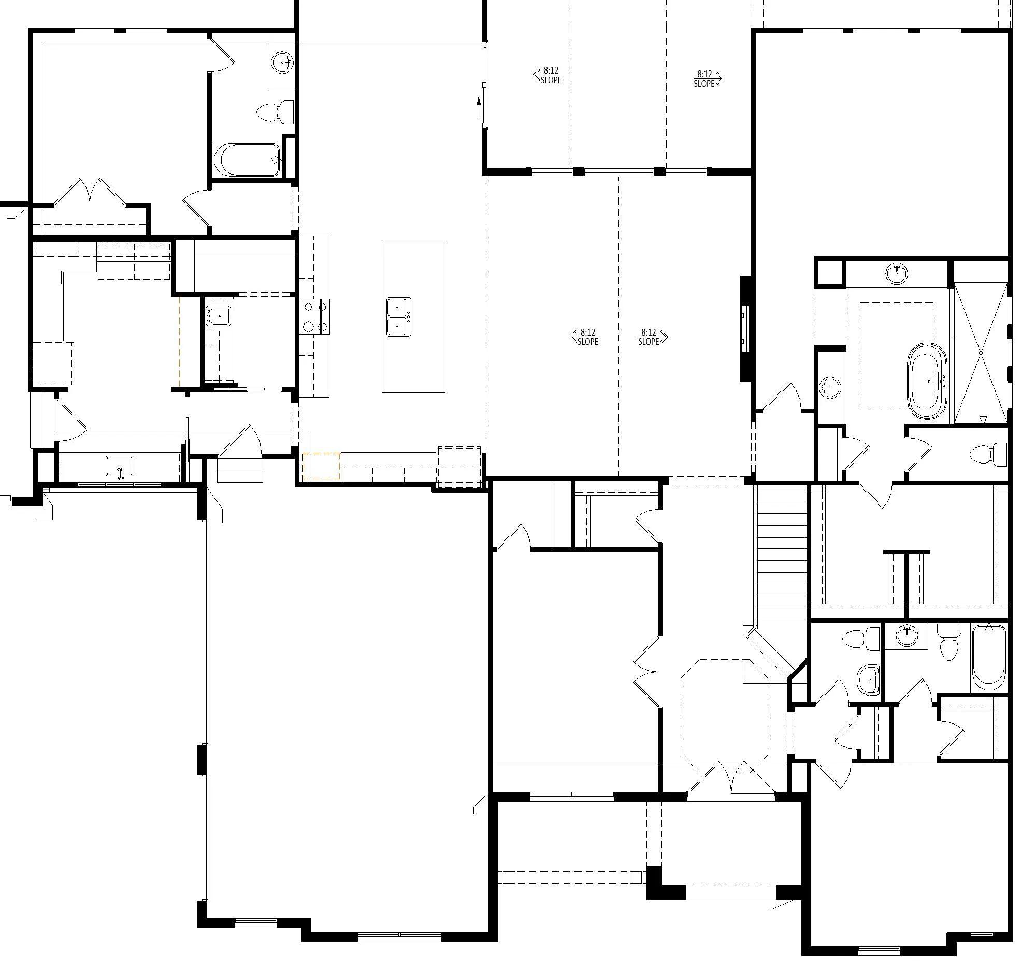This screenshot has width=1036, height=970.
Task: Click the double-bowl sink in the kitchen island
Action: [x=399, y=317]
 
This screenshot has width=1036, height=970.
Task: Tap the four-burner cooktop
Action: [x=314, y=316]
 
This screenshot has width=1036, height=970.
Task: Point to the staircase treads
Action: [x=782, y=552]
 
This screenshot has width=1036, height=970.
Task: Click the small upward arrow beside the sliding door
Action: [x=479, y=108]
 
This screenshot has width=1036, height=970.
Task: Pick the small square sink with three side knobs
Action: [x=219, y=316]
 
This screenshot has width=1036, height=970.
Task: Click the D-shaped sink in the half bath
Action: [x=868, y=679]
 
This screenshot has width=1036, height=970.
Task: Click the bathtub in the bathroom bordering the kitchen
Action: [x=248, y=160]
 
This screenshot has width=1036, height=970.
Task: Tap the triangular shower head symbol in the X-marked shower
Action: [x=983, y=419]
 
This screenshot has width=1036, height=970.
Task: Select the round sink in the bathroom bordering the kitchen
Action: [x=282, y=63]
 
